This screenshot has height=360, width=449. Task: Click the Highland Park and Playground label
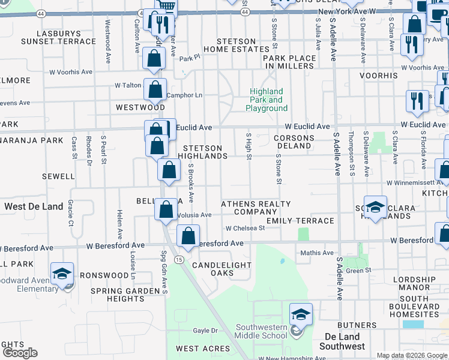point(267,100)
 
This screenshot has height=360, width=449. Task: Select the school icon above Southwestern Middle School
point(301,314)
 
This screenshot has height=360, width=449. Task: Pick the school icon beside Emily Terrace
point(375,206)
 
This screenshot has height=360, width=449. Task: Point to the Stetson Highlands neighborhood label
point(203,152)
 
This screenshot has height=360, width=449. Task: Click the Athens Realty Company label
point(256,208)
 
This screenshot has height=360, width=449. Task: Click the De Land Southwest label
point(342,341)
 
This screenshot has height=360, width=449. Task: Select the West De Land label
point(34,206)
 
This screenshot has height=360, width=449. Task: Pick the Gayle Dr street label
point(205,331)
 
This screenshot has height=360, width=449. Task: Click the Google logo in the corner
point(20,353)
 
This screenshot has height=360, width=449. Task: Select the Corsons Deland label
point(294,142)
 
